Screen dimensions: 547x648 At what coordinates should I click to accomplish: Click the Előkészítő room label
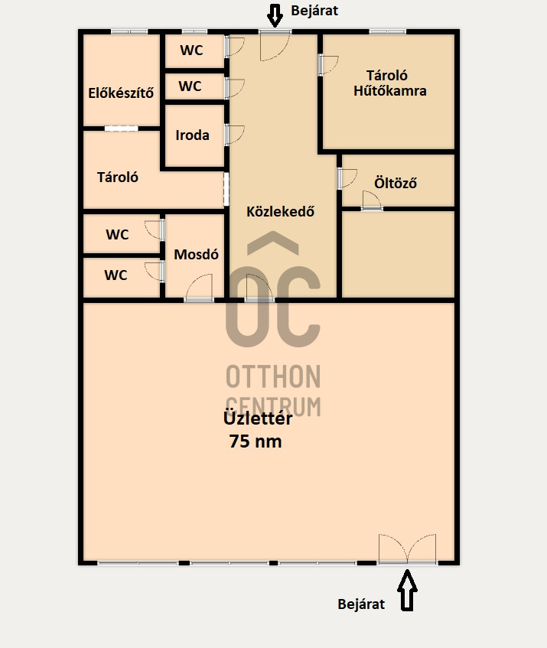pos(121,93)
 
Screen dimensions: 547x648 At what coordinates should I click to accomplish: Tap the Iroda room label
pos(192,135)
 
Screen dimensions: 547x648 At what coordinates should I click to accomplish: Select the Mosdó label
pos(196,254)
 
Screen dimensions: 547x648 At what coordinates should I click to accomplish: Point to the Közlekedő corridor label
pos(280,212)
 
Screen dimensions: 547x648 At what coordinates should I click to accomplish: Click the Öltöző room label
pos(396,183)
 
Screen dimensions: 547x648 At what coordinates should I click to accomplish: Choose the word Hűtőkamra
pos(390,91)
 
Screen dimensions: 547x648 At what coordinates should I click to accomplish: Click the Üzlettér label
pos(258,418)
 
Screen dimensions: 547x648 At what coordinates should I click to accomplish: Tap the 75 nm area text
pos(256,441)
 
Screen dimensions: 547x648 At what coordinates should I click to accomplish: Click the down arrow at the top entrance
pos(275,15)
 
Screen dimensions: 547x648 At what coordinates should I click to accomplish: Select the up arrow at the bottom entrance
pos(407,590)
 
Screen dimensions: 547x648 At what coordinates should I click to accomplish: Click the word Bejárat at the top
pos(314,11)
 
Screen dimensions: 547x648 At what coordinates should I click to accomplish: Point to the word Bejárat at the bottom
pos(361,604)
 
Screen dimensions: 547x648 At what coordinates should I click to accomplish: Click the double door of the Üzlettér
pos(407,549)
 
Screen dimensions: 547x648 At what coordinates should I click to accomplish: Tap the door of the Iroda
pos(234,135)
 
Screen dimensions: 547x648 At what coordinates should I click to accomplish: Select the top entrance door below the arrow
pos(275,45)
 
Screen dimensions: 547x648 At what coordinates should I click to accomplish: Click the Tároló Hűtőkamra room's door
pos(328,65)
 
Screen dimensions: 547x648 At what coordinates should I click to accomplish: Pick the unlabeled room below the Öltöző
pos(399,254)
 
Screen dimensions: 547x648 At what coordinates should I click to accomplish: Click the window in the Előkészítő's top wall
pos(129,31)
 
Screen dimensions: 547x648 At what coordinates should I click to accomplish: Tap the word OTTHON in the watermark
pos(273,376)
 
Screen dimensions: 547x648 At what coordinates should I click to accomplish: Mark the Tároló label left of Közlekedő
pos(118,177)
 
